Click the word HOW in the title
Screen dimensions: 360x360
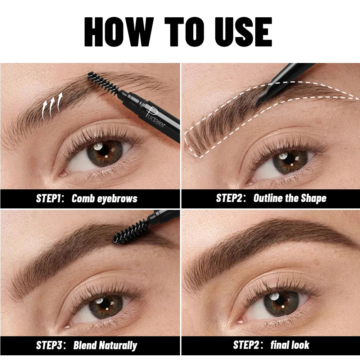coord(119,32)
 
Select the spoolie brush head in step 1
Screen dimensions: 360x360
coord(103,83)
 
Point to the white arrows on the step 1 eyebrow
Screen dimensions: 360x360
coord(52,105)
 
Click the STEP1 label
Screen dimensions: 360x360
coord(50,198)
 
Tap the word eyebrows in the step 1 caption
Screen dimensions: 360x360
coord(117,199)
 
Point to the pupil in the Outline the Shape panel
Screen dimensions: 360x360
coord(290,159)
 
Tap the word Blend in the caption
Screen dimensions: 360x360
coord(85,345)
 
